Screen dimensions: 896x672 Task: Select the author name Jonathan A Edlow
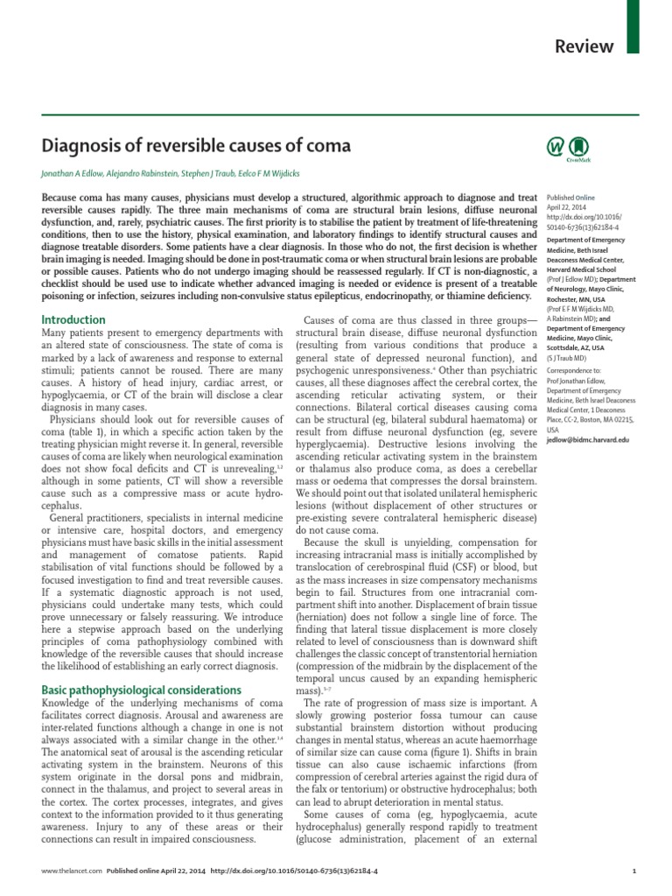click(x=79, y=173)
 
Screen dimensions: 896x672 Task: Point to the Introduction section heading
click(x=74, y=319)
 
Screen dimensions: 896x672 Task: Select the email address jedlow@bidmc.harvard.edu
click(x=587, y=439)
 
